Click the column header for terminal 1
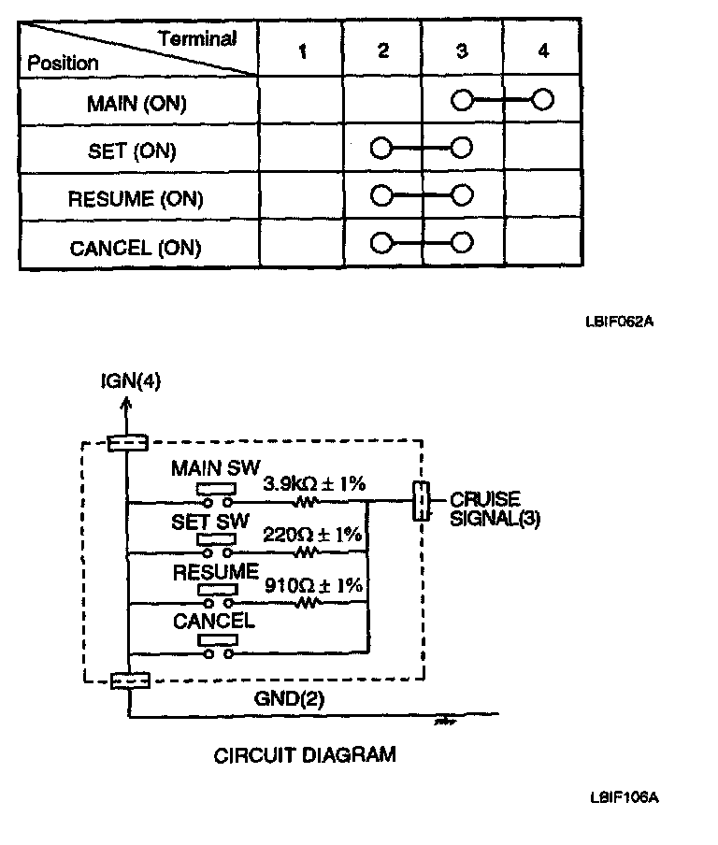(x=301, y=52)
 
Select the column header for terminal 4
(x=543, y=52)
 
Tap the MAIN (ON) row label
(x=136, y=103)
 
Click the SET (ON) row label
(x=132, y=150)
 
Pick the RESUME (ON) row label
(x=136, y=199)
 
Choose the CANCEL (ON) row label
(x=136, y=248)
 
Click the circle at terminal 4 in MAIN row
(x=542, y=99)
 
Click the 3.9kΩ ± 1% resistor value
(x=313, y=484)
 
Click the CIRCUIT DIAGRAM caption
(x=305, y=754)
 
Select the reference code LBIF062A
(x=620, y=322)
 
